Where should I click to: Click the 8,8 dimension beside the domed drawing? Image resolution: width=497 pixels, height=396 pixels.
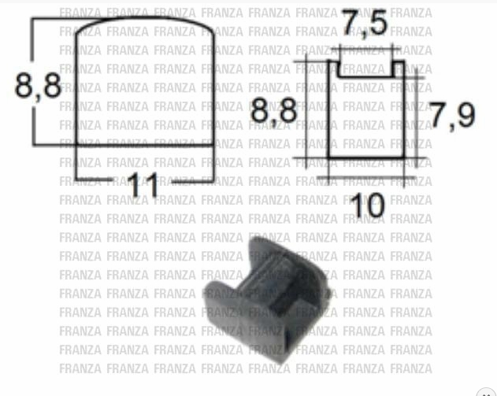point(38,86)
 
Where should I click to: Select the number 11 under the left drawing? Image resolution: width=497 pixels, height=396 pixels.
point(143,185)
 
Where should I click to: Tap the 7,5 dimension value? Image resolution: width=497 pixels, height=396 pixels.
point(365,23)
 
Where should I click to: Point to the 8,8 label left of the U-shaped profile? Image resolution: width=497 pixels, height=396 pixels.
point(274,110)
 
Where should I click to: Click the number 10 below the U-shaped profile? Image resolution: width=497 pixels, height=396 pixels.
point(368,205)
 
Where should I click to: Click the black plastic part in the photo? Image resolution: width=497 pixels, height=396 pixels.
point(267,300)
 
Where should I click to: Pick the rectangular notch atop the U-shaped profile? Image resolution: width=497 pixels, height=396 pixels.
point(366,69)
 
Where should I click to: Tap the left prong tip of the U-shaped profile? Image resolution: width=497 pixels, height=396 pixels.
point(333,61)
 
